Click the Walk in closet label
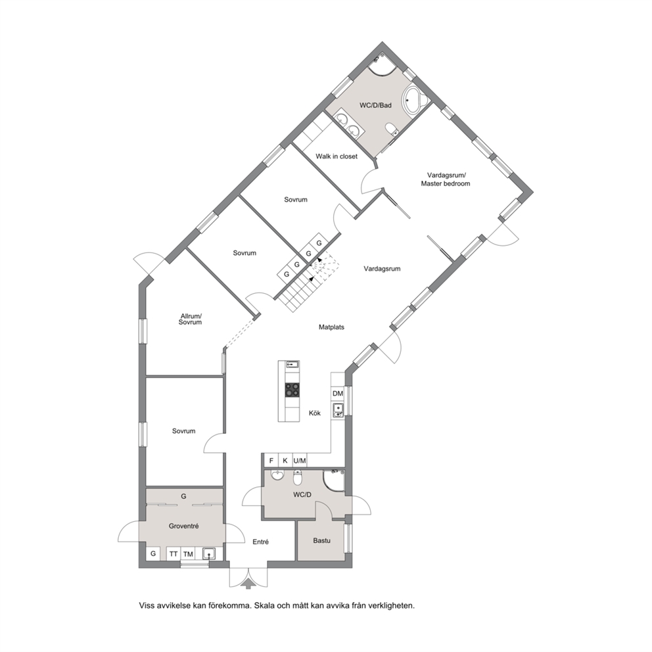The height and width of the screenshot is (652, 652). point(337,156)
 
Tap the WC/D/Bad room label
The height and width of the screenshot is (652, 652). point(375,105)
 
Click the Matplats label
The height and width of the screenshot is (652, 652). point(331,327)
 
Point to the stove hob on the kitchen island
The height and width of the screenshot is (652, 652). point(292,390)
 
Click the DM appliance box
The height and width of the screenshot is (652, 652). point(338,393)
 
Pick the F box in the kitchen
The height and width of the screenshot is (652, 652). point(271,460)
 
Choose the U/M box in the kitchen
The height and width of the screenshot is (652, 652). point(300,460)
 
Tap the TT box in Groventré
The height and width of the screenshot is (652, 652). point(174,554)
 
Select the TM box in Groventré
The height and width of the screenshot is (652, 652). point(188,554)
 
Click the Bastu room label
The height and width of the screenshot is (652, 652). point(322,540)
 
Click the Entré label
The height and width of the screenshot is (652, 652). point(261,542)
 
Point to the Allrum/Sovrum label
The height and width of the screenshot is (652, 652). point(191,319)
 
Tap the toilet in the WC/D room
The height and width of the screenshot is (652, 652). point(297,478)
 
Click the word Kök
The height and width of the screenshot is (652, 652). point(315,413)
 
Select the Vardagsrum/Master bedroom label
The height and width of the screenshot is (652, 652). point(446,179)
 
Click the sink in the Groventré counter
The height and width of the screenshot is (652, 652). point(209,553)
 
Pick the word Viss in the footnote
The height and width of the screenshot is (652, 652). point(147,605)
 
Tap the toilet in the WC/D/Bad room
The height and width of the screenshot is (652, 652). point(392,128)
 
